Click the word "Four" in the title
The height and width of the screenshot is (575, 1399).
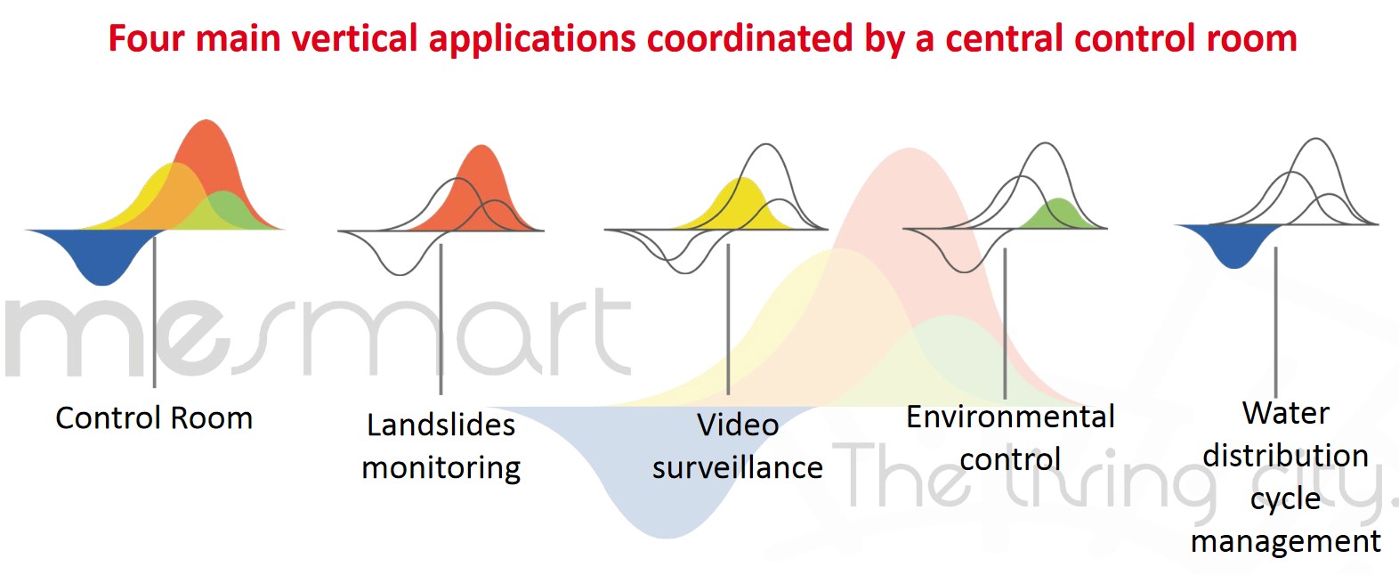pos(146,38)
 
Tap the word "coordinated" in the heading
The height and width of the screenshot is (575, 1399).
pos(750,38)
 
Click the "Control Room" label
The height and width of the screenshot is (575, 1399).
pos(154,417)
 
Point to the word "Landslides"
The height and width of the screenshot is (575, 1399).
pos(441,425)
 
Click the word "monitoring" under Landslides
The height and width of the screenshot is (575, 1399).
pos(441,468)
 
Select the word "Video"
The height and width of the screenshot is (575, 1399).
pos(738,425)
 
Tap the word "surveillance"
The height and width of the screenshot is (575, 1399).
pos(738,467)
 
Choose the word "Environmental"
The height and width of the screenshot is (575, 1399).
pos(1010,417)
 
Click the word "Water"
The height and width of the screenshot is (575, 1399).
pos(1286,413)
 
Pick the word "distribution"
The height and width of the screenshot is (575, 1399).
pos(1286,456)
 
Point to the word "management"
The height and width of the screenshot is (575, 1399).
pos(1286,541)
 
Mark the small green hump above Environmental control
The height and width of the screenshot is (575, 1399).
pos(1059,214)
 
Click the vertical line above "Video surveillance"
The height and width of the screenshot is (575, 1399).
pos(728,319)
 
